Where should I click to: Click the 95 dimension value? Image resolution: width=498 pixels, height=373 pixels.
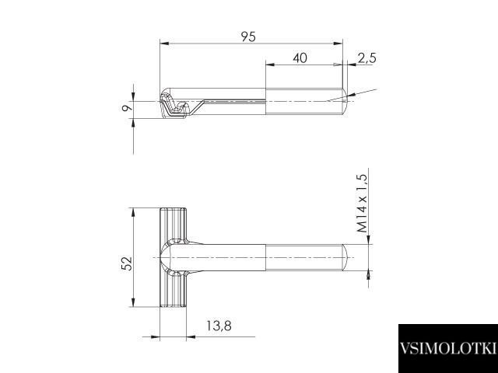(248, 37)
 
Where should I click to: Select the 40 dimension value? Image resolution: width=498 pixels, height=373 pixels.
(300, 58)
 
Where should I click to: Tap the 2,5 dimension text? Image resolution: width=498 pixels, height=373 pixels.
(366, 58)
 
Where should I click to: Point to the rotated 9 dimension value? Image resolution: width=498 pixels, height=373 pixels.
(128, 108)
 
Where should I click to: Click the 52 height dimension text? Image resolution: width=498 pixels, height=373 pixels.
(127, 263)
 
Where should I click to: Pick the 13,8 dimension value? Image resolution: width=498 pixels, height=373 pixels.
(219, 326)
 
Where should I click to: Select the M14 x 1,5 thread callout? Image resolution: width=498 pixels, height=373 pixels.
(362, 204)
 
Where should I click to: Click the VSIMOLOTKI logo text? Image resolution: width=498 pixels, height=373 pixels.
(448, 348)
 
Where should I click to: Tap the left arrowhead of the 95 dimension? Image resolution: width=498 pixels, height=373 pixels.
(164, 44)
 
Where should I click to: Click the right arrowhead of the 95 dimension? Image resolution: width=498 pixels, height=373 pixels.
(338, 44)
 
